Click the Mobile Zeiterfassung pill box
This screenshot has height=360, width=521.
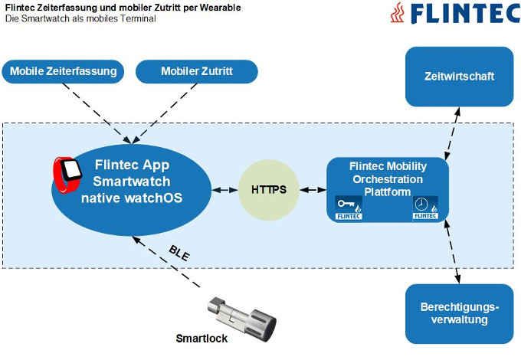tap(64, 72)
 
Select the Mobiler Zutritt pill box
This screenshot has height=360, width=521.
tap(196, 72)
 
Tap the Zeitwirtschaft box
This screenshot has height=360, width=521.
tap(459, 77)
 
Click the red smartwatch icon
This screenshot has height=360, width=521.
tap(68, 173)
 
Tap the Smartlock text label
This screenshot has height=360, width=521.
tap(202, 338)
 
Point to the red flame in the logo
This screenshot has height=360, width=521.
tap(397, 14)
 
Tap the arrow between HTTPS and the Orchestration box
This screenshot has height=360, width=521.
tap(312, 188)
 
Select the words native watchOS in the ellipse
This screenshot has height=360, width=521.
tap(132, 198)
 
